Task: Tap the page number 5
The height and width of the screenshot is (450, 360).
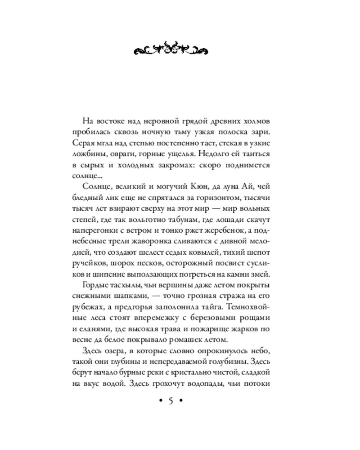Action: pyautogui.click(x=171, y=401)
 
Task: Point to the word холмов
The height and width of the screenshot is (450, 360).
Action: pyautogui.click(x=253, y=121)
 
